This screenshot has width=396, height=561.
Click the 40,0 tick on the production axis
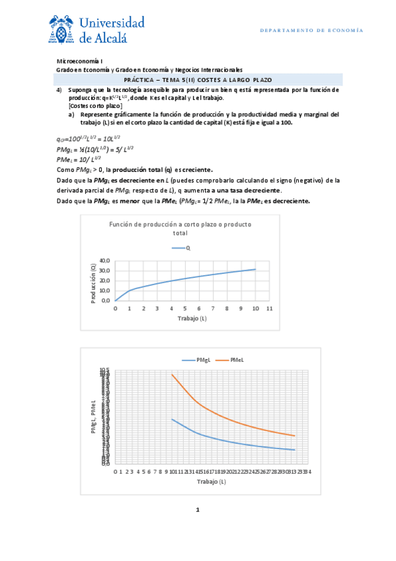[105, 261]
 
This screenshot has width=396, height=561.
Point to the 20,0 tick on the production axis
[105, 280]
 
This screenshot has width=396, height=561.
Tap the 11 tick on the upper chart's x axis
[269, 309]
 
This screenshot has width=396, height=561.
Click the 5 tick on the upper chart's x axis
[185, 309]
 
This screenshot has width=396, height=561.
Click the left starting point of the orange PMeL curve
[172, 374]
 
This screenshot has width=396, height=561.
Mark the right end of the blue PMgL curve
[295, 450]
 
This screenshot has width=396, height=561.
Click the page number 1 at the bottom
[198, 510]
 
